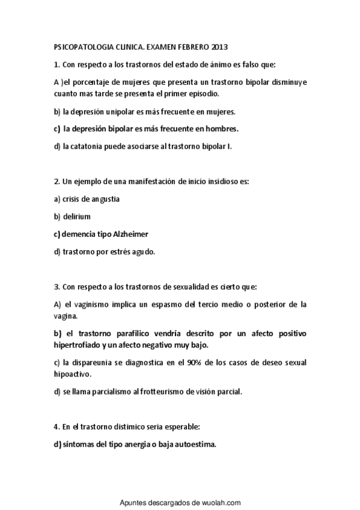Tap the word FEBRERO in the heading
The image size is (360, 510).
189,47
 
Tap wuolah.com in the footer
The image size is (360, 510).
222,501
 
